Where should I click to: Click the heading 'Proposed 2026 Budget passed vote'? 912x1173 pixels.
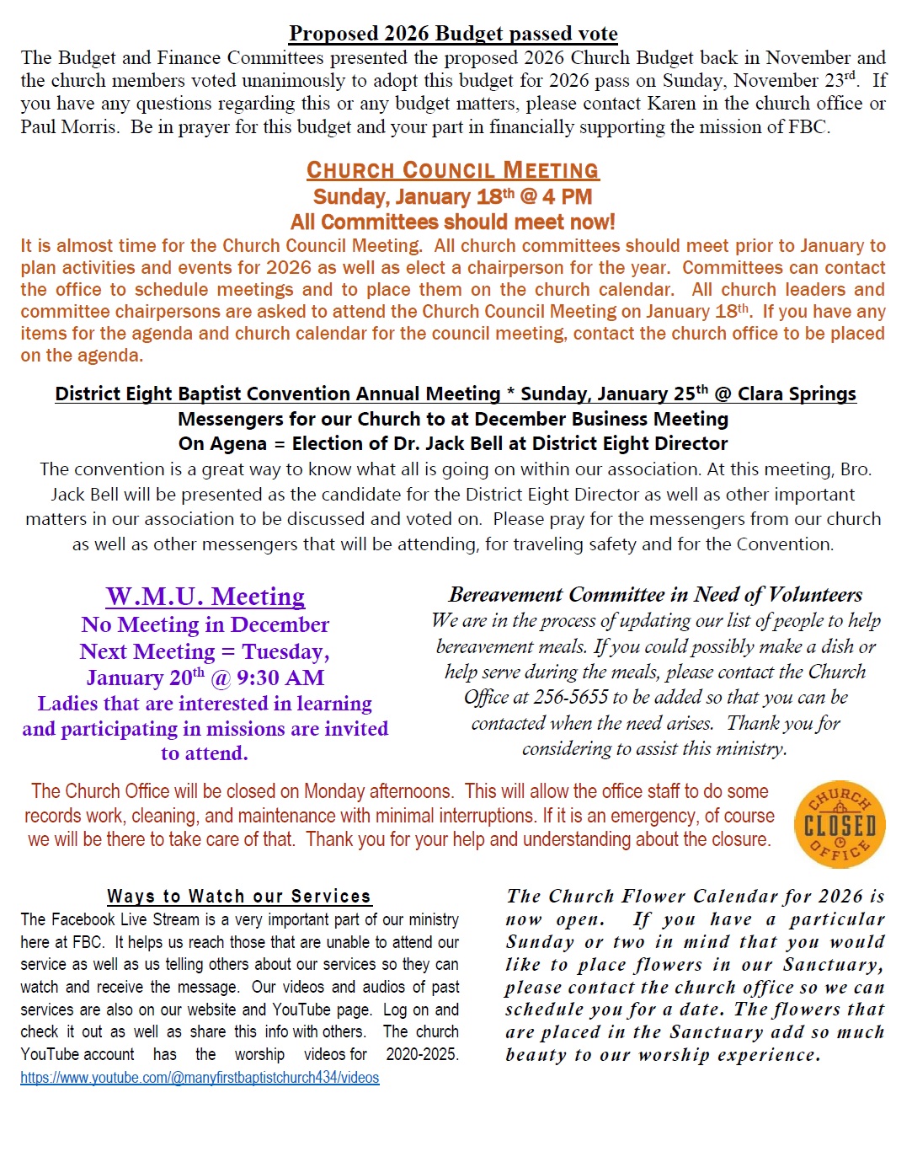click(x=453, y=34)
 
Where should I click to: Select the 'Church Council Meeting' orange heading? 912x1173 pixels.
click(x=453, y=170)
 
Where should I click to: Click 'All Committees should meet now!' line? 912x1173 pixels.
click(x=453, y=222)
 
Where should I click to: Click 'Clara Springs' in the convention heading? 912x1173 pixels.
click(x=797, y=394)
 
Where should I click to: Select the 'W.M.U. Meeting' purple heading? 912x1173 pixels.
click(x=205, y=597)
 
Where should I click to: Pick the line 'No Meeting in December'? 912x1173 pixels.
click(x=205, y=625)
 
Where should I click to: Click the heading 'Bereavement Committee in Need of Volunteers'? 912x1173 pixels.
click(x=655, y=595)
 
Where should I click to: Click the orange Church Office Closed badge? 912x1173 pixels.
click(x=840, y=824)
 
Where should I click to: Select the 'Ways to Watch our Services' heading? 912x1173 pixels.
click(x=239, y=897)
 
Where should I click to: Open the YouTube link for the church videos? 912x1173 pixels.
click(x=200, y=1078)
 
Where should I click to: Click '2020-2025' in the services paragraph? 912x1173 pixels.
click(x=422, y=1054)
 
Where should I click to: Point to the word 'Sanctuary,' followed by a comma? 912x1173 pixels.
click(x=833, y=965)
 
